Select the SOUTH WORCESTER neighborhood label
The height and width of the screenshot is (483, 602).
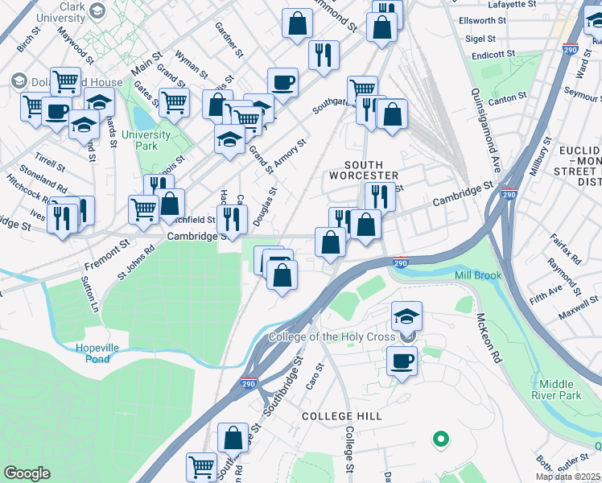click(x=364, y=170)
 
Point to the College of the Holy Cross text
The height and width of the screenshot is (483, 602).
click(x=332, y=336)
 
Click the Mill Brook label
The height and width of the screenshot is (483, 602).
click(x=478, y=275)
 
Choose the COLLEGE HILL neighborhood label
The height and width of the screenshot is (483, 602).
click(x=339, y=416)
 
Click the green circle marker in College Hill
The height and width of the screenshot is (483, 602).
click(x=439, y=439)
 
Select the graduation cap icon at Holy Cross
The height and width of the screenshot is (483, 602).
click(x=407, y=315)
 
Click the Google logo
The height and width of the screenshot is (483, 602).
click(x=27, y=473)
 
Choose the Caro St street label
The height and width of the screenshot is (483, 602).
click(x=313, y=375)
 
